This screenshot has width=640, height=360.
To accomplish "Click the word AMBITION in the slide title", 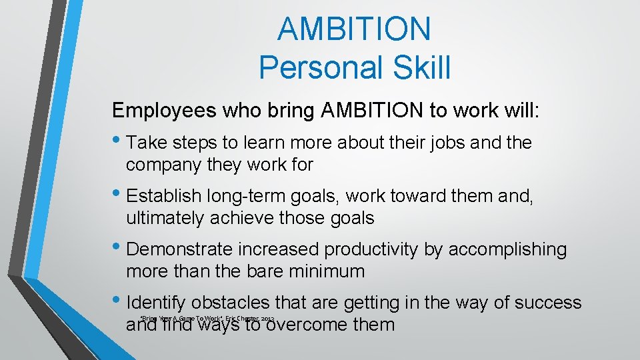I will point(355,29).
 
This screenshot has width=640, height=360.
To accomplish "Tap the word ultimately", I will point(165,218).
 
